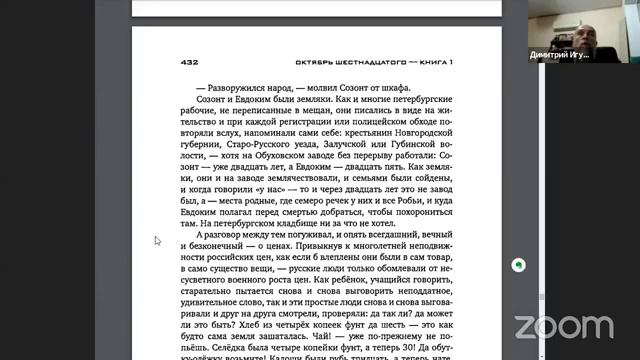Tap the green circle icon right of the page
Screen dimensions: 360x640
click(519, 266)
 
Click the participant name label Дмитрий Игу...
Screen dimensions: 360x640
click(559, 55)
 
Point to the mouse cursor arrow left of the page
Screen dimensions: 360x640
click(157, 240)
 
